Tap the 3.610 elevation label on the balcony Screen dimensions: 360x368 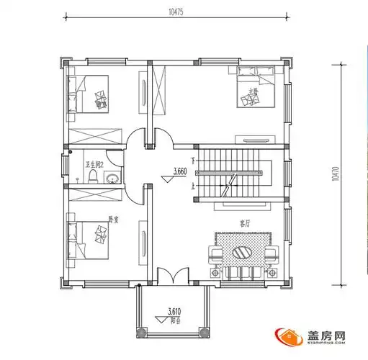[x=174, y=311]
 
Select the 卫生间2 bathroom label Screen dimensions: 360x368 [x=95, y=164]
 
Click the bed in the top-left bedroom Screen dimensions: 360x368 [x=89, y=96]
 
